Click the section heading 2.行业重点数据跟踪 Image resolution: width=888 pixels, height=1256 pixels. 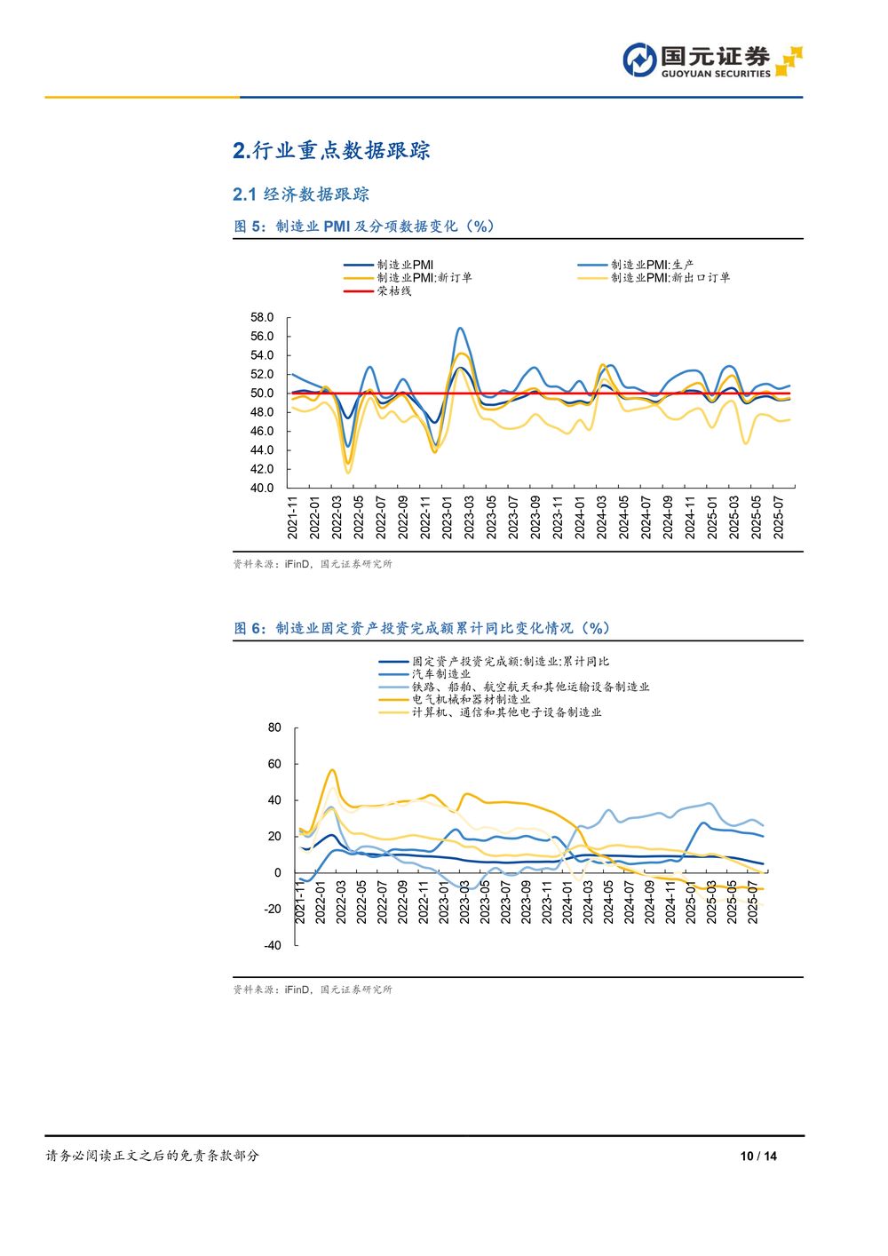click(331, 151)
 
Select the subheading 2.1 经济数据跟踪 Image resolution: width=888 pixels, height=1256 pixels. click(301, 195)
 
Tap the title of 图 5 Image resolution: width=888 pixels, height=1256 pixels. click(364, 227)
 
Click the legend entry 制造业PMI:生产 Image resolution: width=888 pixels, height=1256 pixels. click(652, 265)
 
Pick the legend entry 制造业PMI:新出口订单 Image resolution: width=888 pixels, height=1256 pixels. click(670, 277)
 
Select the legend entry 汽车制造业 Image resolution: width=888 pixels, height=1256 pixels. click(440, 674)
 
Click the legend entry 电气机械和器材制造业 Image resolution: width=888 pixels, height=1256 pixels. click(471, 699)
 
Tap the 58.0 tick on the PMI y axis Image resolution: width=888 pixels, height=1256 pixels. click(262, 317)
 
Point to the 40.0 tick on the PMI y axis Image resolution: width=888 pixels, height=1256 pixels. click(262, 488)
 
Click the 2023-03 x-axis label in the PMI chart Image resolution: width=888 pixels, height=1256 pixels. click(469, 517)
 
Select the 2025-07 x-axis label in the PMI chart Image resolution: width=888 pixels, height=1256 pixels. click(779, 517)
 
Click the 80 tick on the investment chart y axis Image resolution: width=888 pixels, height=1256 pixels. click(274, 727)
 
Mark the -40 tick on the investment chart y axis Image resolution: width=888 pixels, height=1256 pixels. click(272, 945)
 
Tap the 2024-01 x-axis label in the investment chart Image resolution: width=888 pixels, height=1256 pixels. click(567, 902)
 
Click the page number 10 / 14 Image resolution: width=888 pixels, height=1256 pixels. click(758, 1156)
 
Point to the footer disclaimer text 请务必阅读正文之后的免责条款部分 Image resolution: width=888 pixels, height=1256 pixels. click(152, 1156)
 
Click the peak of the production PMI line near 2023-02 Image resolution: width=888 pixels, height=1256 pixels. click(460, 328)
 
